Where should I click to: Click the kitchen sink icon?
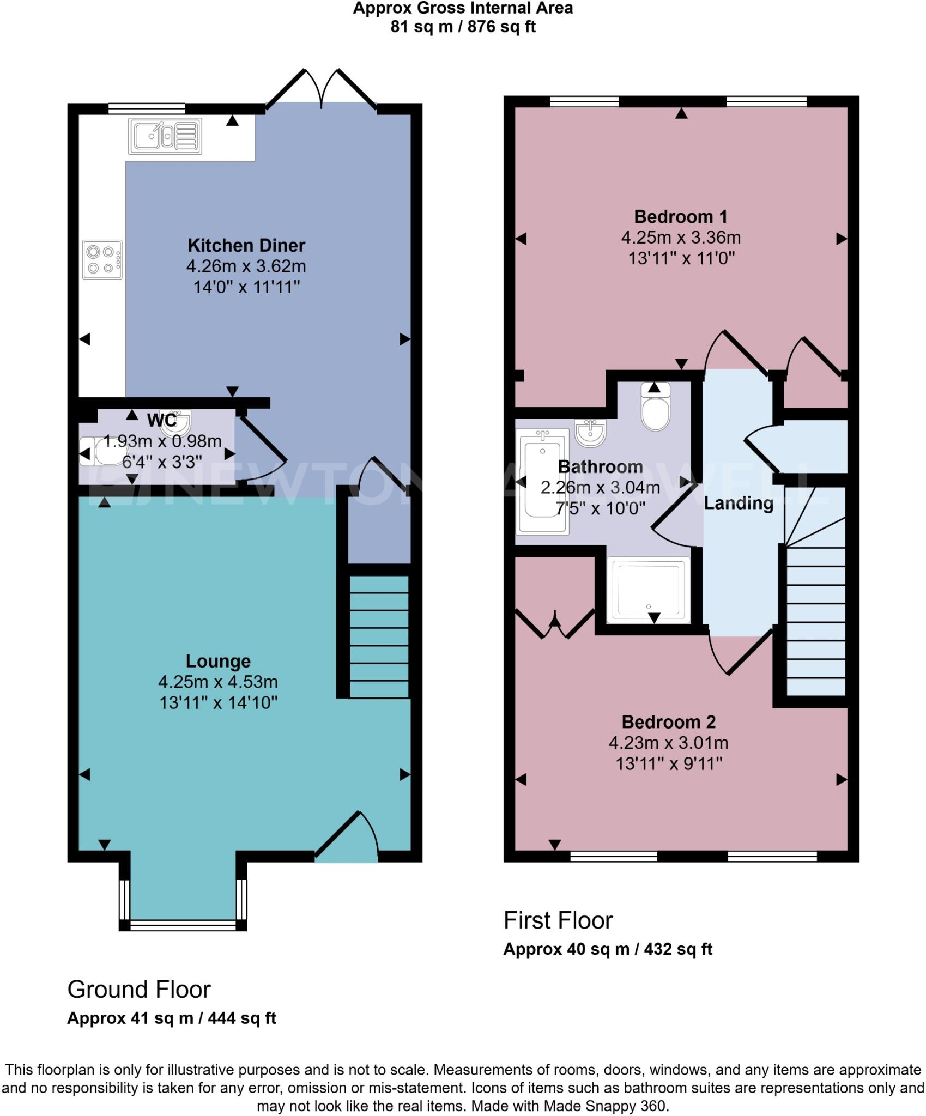tap(165, 136)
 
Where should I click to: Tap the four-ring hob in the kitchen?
tap(102, 260)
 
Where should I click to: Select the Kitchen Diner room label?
tap(246, 245)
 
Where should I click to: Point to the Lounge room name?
tap(218, 661)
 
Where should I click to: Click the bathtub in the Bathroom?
tap(542, 481)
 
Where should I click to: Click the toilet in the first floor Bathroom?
tap(655, 409)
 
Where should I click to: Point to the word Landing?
tap(739, 503)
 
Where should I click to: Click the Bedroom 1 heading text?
tap(681, 217)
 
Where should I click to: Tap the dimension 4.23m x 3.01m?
tap(668, 743)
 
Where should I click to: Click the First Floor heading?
tap(558, 920)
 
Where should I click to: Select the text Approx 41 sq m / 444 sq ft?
tap(172, 1018)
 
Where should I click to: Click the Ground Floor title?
tap(139, 990)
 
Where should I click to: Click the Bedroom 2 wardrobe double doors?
tap(555, 624)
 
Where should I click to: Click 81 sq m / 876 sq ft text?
tap(463, 27)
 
